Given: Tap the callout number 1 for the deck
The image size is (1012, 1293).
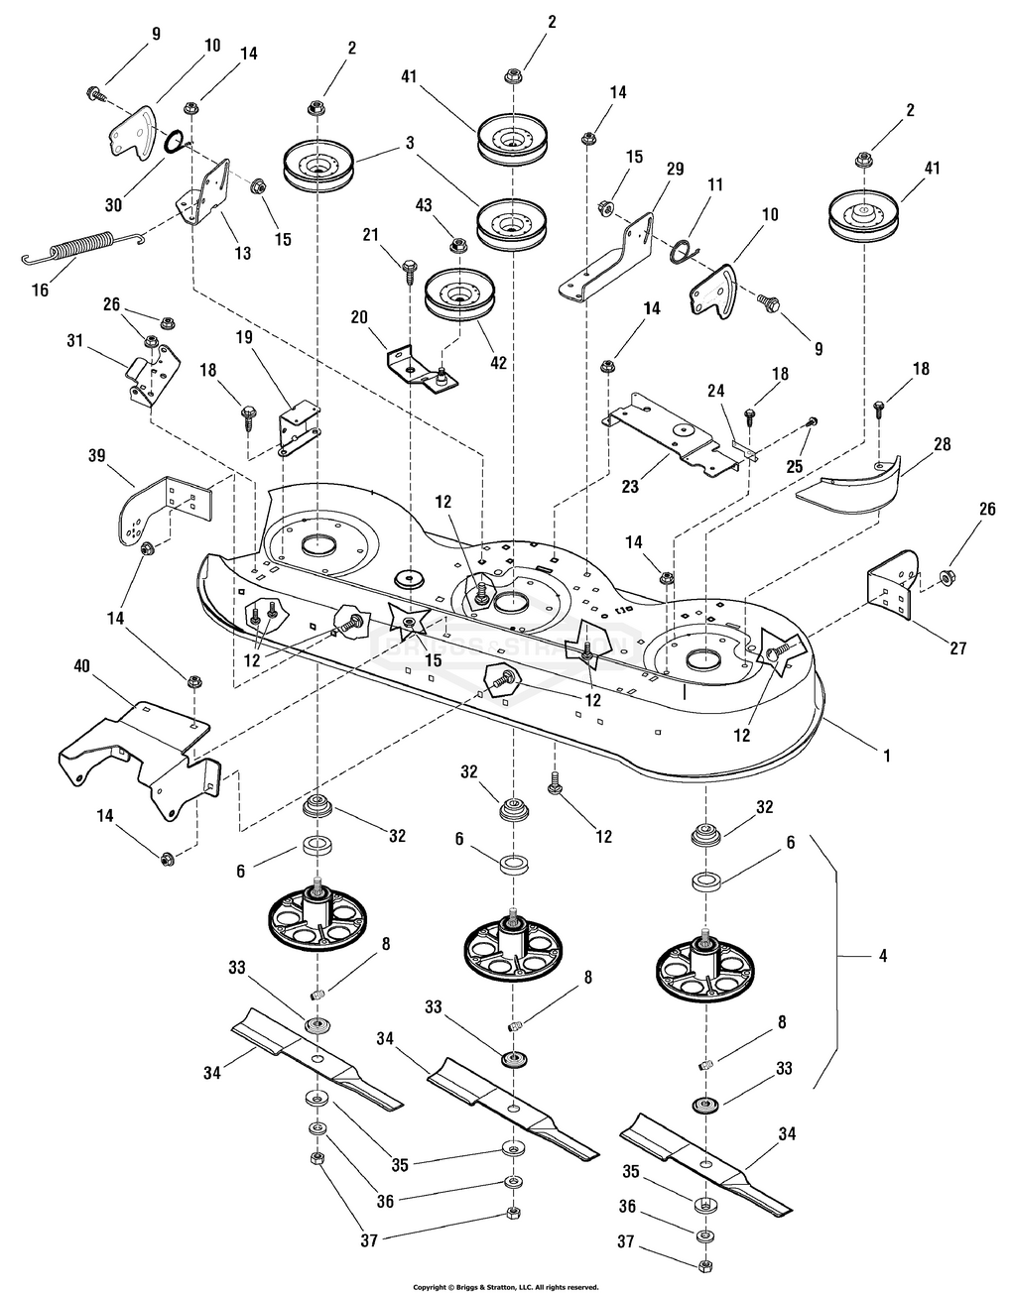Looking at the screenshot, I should point(886,755).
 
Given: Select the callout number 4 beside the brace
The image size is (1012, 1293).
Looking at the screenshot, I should point(882,956).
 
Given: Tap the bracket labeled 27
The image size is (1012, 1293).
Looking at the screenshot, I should point(892,582).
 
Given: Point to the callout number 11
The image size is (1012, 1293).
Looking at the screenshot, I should point(715,184).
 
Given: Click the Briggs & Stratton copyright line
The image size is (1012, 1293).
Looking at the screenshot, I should point(505,1287).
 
